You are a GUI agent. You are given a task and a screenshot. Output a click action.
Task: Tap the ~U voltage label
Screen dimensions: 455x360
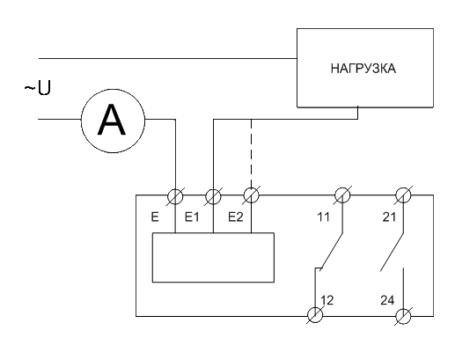[x=38, y=88]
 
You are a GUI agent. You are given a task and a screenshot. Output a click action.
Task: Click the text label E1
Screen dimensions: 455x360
[x=192, y=217]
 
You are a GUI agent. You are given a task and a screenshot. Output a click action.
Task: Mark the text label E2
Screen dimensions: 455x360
[x=236, y=217]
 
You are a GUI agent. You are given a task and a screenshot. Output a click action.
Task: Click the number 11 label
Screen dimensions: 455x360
[x=323, y=217]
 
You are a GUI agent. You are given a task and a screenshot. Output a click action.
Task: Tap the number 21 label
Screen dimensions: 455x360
[x=389, y=217]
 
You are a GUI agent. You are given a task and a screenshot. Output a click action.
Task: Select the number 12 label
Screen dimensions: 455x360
[x=327, y=300]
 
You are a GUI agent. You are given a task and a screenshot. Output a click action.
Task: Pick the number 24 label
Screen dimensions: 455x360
[x=387, y=300]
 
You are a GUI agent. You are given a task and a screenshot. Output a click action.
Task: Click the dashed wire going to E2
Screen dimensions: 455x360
[x=251, y=153]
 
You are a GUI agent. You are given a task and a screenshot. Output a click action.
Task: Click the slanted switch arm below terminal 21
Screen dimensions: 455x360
[x=392, y=252]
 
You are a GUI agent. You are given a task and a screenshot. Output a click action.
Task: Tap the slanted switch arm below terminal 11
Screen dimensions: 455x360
[x=331, y=252]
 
